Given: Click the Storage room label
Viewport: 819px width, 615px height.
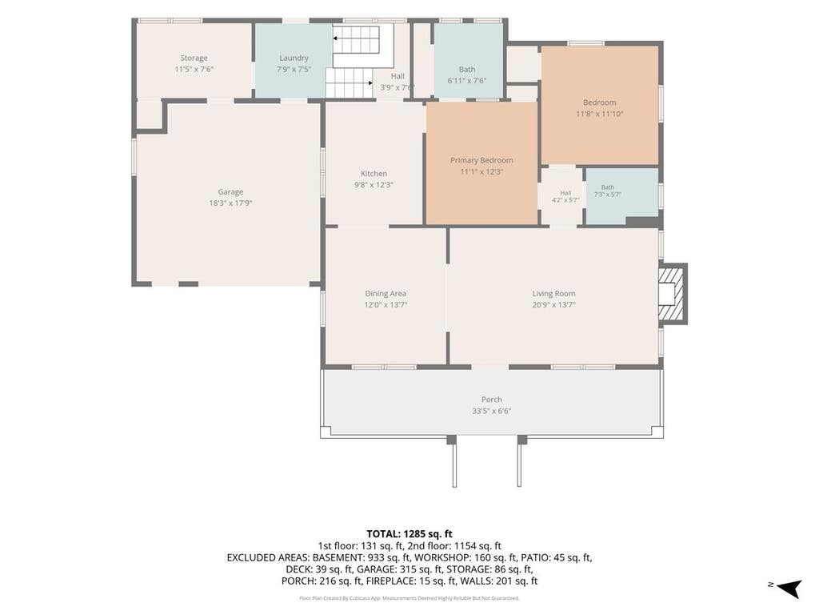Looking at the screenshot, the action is [194, 58].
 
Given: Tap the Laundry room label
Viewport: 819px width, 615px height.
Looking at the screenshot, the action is [294, 58].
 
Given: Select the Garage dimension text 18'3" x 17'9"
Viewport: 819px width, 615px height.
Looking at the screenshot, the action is [230, 203].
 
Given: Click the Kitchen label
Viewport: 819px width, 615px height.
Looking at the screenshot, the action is [374, 174].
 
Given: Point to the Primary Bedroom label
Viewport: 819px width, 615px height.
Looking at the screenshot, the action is [481, 160].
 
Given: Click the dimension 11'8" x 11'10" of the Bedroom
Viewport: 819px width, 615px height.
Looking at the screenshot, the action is [600, 114].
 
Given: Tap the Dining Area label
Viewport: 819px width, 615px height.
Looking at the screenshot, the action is [386, 294].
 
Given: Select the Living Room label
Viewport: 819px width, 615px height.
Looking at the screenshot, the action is [553, 294].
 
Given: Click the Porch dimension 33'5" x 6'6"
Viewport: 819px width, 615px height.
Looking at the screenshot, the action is [492, 411].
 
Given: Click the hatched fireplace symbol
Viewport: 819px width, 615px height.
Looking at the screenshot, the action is [671, 293].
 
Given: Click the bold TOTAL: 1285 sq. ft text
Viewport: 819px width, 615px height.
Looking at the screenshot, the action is [409, 534].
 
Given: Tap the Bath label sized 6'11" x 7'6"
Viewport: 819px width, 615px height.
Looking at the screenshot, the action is [467, 70].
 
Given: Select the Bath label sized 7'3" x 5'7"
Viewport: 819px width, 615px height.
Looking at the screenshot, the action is [608, 187].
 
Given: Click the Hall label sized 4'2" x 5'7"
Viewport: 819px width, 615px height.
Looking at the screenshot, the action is [565, 193].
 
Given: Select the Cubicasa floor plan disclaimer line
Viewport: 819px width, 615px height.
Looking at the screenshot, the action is [409, 597].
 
